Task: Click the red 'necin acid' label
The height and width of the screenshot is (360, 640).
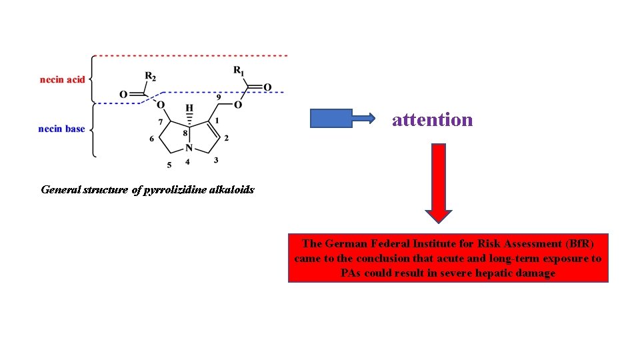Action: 62,80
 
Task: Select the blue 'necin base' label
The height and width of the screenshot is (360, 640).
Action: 61,129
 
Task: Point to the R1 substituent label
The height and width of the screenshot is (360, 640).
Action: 239,70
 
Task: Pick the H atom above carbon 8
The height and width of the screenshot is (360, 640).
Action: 189,107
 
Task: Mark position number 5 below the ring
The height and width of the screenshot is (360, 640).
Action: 169,165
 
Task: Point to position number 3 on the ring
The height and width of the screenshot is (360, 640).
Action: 216,161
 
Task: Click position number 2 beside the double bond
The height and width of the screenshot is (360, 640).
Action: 227,138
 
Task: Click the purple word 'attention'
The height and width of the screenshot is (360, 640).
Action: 433,119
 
